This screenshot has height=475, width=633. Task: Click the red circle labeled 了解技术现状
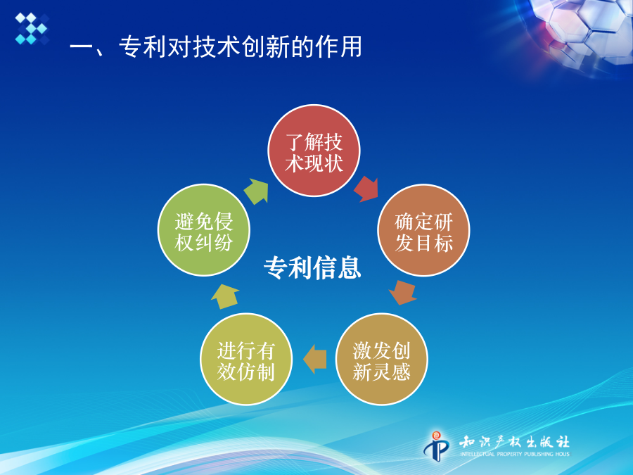[314, 151]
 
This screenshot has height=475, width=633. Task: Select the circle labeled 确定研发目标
[423, 230]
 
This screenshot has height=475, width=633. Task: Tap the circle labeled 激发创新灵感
[381, 359]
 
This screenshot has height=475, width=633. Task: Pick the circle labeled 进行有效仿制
[246, 359]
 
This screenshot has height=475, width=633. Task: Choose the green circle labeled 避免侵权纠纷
[204, 230]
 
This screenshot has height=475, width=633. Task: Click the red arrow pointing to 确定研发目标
[367, 189]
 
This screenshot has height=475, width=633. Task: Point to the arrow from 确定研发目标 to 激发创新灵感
[403, 293]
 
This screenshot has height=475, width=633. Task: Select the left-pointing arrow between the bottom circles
[314, 359]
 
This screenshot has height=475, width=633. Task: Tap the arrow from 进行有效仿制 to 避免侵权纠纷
[224, 296]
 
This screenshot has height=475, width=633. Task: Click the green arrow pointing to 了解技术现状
[257, 191]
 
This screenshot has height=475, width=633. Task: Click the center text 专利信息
[312, 267]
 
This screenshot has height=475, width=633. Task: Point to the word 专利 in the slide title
[143, 47]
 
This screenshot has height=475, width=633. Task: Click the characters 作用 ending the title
[339, 47]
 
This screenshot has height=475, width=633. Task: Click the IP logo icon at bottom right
[436, 446]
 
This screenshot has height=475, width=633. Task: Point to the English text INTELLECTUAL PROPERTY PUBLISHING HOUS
[515, 454]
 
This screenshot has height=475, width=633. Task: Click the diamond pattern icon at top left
[32, 28]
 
